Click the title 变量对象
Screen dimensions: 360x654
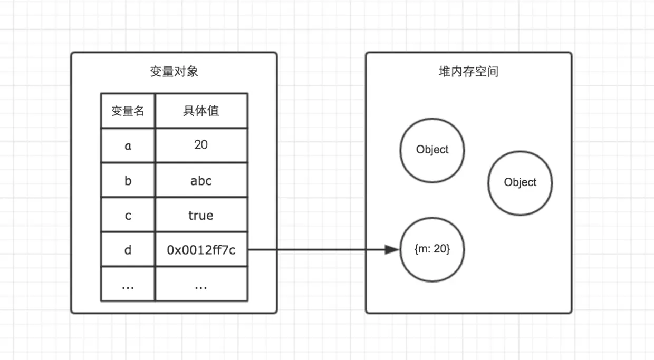[174, 72]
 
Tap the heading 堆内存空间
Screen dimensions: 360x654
[468, 72]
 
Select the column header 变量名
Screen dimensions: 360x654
[128, 111]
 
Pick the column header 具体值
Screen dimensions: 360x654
[201, 111]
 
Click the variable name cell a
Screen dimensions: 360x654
[128, 145]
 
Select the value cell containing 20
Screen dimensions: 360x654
[201, 145]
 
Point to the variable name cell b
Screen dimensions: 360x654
[128, 180]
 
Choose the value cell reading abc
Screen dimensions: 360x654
[201, 180]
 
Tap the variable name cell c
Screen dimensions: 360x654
[128, 215]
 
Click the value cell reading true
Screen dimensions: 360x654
[201, 215]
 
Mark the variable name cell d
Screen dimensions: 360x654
[128, 250]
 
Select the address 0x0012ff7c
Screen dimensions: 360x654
[201, 250]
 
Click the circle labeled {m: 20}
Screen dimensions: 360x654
[432, 250]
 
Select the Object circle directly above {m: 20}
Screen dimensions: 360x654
[432, 150]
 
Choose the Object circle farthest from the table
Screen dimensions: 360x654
[520, 182]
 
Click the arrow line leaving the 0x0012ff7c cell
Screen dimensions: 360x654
[316, 250]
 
